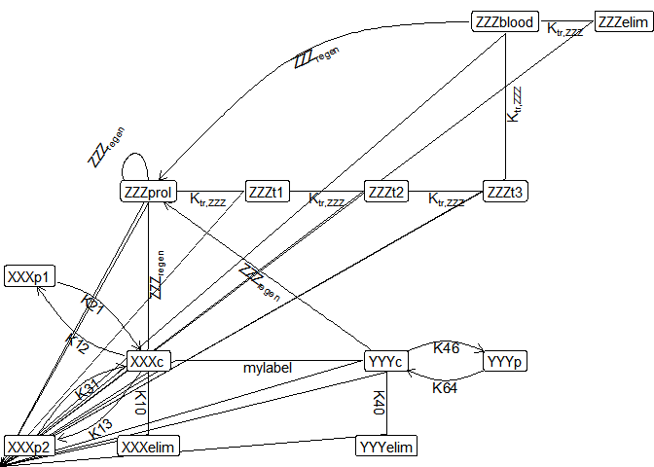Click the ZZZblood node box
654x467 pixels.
pyautogui.click(x=503, y=21)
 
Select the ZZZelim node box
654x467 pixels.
pyautogui.click(x=622, y=21)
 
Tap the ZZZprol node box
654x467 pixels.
pyautogui.click(x=148, y=192)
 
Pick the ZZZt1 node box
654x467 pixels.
pyautogui.click(x=267, y=192)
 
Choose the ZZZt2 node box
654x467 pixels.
pyautogui.click(x=385, y=192)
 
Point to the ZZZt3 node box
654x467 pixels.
pyautogui.click(x=504, y=192)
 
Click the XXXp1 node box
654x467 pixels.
pyautogui.click(x=29, y=277)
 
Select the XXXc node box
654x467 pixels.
pyautogui.click(x=148, y=362)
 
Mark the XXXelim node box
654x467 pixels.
pyautogui.click(x=148, y=447)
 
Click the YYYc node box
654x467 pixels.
pyautogui.click(x=385, y=362)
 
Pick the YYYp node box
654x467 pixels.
pyautogui.click(x=504, y=362)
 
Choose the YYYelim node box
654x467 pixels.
pyautogui.click(x=385, y=447)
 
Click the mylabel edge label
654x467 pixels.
pyautogui.click(x=267, y=368)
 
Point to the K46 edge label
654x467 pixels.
pyautogui.click(x=446, y=347)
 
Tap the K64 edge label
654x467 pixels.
pyautogui.click(x=446, y=387)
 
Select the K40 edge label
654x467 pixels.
pyautogui.click(x=379, y=403)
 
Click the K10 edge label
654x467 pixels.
pyautogui.click(x=140, y=403)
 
